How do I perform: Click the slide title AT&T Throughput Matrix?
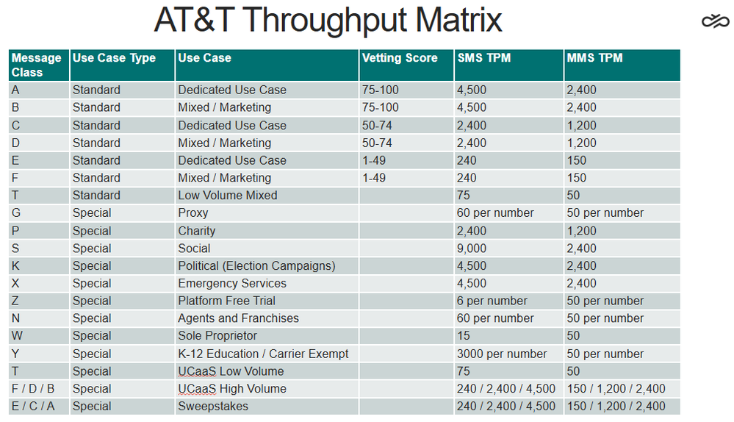[x=328, y=20]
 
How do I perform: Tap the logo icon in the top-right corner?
[x=716, y=21]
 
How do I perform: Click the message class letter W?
[x=17, y=336]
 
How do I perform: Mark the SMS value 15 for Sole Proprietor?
[x=464, y=336]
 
